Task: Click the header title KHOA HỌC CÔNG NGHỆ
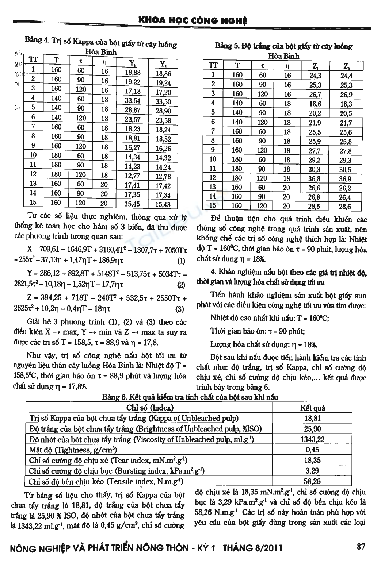pyautogui.click(x=193, y=21)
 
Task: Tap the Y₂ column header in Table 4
pyautogui.click(x=163, y=63)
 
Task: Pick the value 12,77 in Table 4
pyautogui.click(x=132, y=176)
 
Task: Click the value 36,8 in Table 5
pyautogui.click(x=314, y=178)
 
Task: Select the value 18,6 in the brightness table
pyautogui.click(x=314, y=104)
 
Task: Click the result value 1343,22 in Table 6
pyautogui.click(x=312, y=439)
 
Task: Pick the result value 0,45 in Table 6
pyautogui.click(x=312, y=450)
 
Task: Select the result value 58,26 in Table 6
pyautogui.click(x=312, y=481)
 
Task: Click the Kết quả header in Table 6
pyautogui.click(x=312, y=408)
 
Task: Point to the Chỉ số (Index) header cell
pyautogui.click(x=149, y=408)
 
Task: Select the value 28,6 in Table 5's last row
pyautogui.click(x=345, y=207)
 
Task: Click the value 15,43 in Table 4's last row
pyautogui.click(x=163, y=204)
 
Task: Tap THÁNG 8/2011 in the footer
pyautogui.click(x=252, y=548)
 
